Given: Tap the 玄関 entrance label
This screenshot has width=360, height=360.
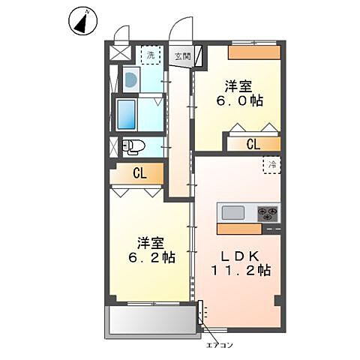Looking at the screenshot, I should (182, 56).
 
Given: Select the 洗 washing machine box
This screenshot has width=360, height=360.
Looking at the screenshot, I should (151, 55).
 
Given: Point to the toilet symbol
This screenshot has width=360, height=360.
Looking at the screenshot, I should (131, 146).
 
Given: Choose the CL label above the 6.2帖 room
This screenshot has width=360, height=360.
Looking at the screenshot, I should (139, 174).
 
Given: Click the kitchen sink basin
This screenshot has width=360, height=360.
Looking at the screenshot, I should (233, 212).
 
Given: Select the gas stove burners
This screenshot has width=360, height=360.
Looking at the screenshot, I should (267, 213).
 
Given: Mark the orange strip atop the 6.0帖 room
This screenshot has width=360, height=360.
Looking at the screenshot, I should (255, 52).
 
